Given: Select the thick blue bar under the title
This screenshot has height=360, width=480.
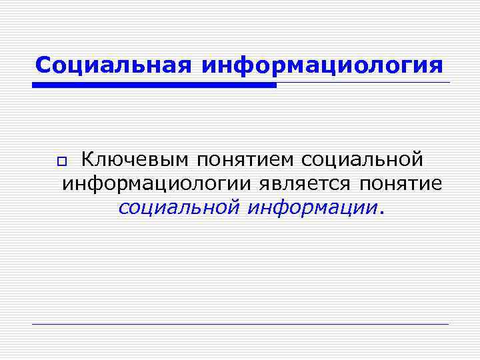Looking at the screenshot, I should [x=153, y=85].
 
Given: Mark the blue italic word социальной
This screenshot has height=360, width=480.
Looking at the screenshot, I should [x=178, y=207].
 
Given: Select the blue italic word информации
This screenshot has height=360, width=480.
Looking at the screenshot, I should [x=312, y=207].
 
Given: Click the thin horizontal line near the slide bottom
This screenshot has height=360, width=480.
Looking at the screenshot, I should [x=240, y=324].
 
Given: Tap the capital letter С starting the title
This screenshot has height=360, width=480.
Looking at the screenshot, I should [x=43, y=65].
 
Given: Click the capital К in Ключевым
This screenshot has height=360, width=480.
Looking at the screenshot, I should [x=86, y=161].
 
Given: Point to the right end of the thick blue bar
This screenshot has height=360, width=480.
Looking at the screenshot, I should [x=274, y=85].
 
